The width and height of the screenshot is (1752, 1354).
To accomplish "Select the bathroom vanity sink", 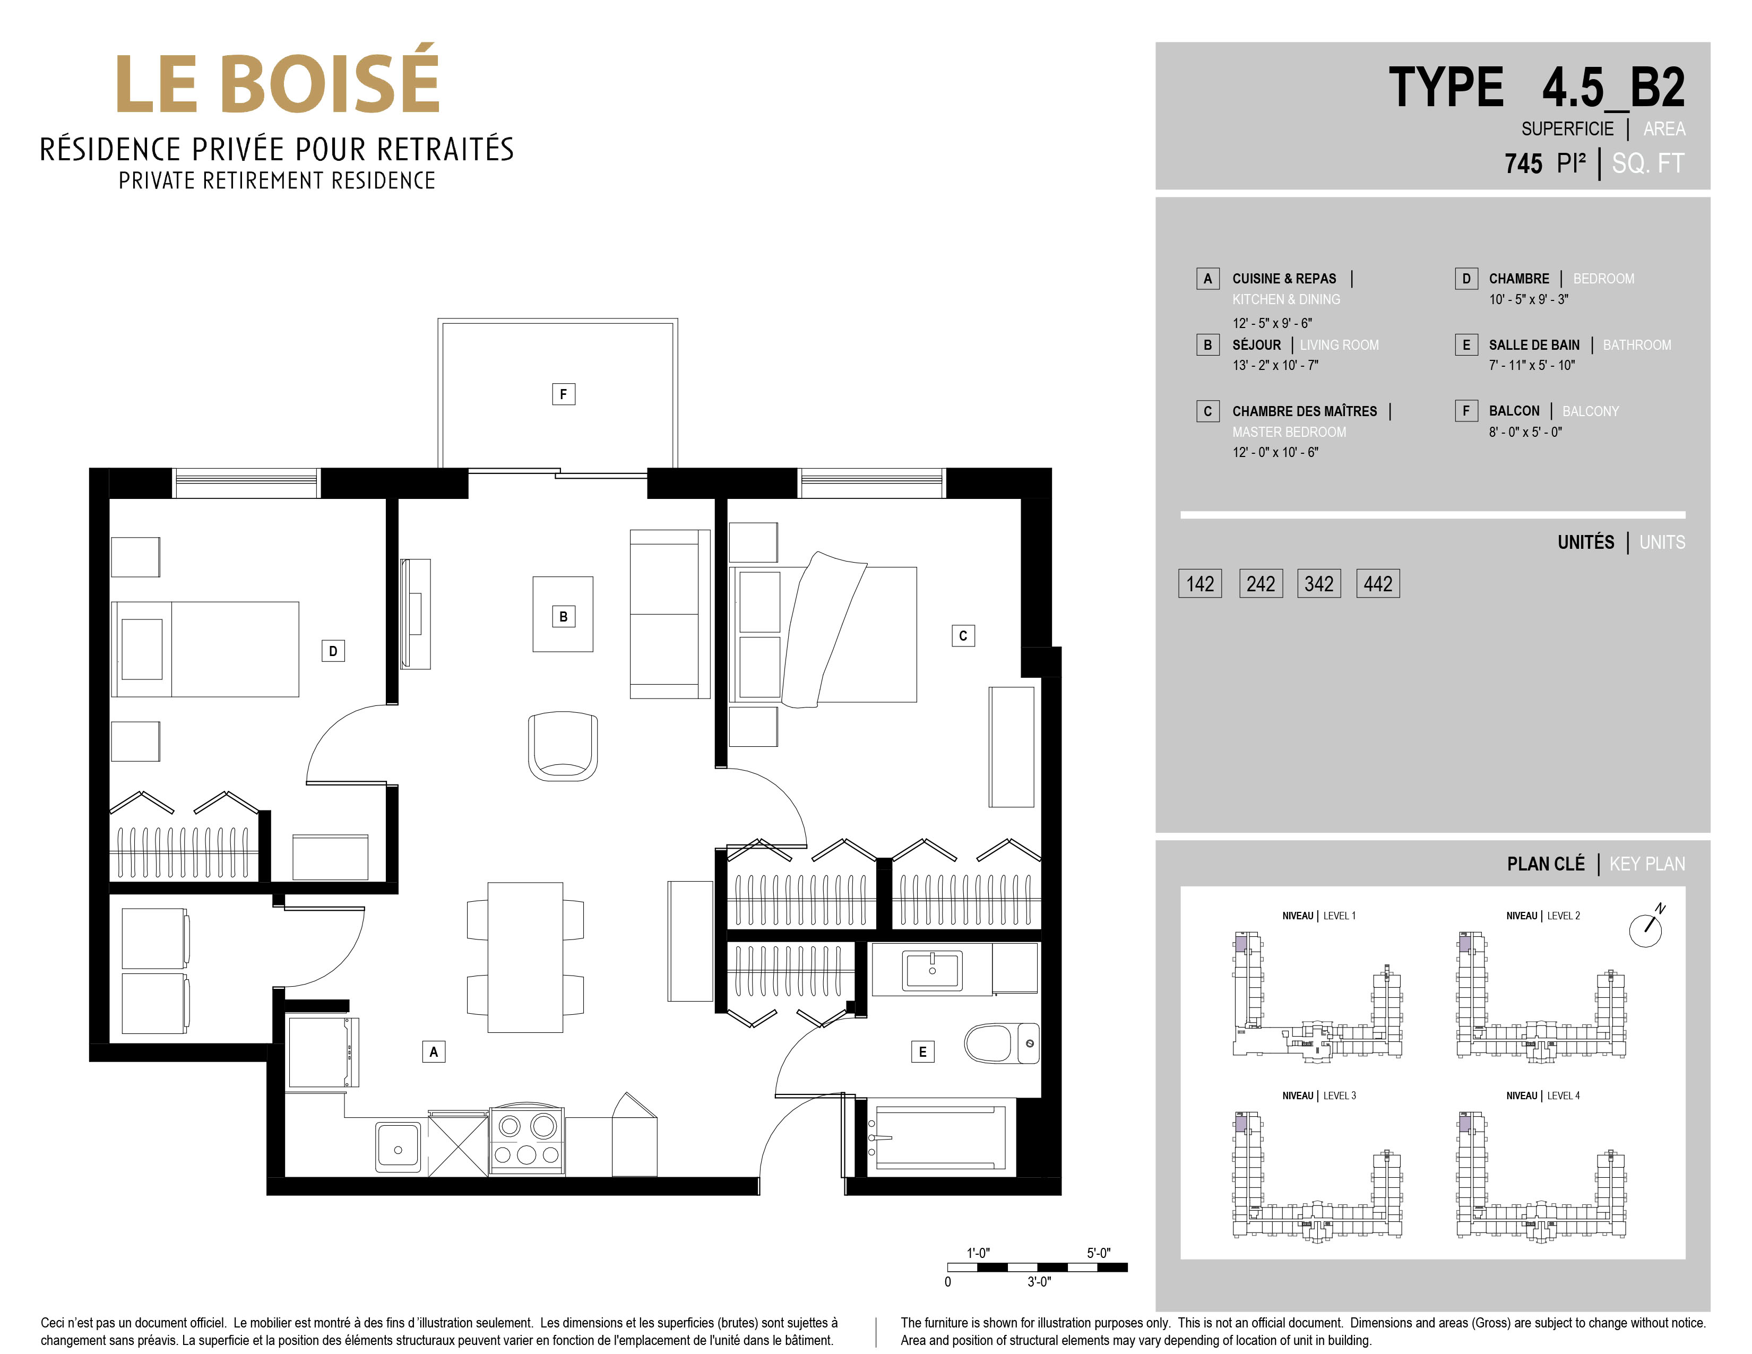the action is click(x=932, y=970).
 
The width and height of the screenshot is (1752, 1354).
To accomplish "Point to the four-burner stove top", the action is click(x=527, y=1140).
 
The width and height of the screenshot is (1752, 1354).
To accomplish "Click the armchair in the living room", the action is click(x=563, y=746).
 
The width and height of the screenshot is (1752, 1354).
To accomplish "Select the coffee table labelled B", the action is click(x=563, y=615).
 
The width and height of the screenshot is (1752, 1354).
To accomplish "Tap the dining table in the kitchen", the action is click(x=525, y=957).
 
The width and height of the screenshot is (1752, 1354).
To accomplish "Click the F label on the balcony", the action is click(x=563, y=394).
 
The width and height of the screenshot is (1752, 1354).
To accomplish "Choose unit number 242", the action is click(x=1260, y=584).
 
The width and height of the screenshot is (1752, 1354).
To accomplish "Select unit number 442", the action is click(x=1377, y=584).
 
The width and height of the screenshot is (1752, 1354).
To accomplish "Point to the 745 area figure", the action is click(x=1523, y=163).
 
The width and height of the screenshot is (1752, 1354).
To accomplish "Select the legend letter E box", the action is click(x=1465, y=345).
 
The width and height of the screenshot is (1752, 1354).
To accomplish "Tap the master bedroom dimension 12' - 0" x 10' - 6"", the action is click(x=1275, y=452).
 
